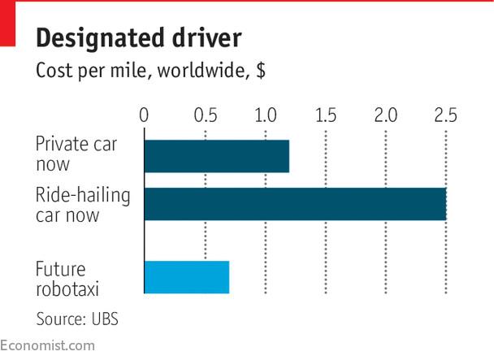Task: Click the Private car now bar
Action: pyautogui.click(x=216, y=156)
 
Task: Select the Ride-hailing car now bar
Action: pyautogui.click(x=295, y=204)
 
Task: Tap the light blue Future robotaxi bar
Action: pyautogui.click(x=186, y=277)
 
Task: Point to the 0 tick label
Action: pyautogui.click(x=144, y=115)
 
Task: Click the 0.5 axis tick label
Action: pyautogui.click(x=206, y=115)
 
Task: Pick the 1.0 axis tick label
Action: pyautogui.click(x=266, y=115)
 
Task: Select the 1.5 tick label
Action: pyautogui.click(x=326, y=115)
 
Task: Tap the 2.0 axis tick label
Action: pyautogui.click(x=386, y=115)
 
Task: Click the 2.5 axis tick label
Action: pyautogui.click(x=445, y=115)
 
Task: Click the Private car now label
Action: pyautogui.click(x=76, y=154)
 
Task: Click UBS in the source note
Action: pyautogui.click(x=105, y=319)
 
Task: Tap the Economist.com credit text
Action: pyautogui.click(x=47, y=345)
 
